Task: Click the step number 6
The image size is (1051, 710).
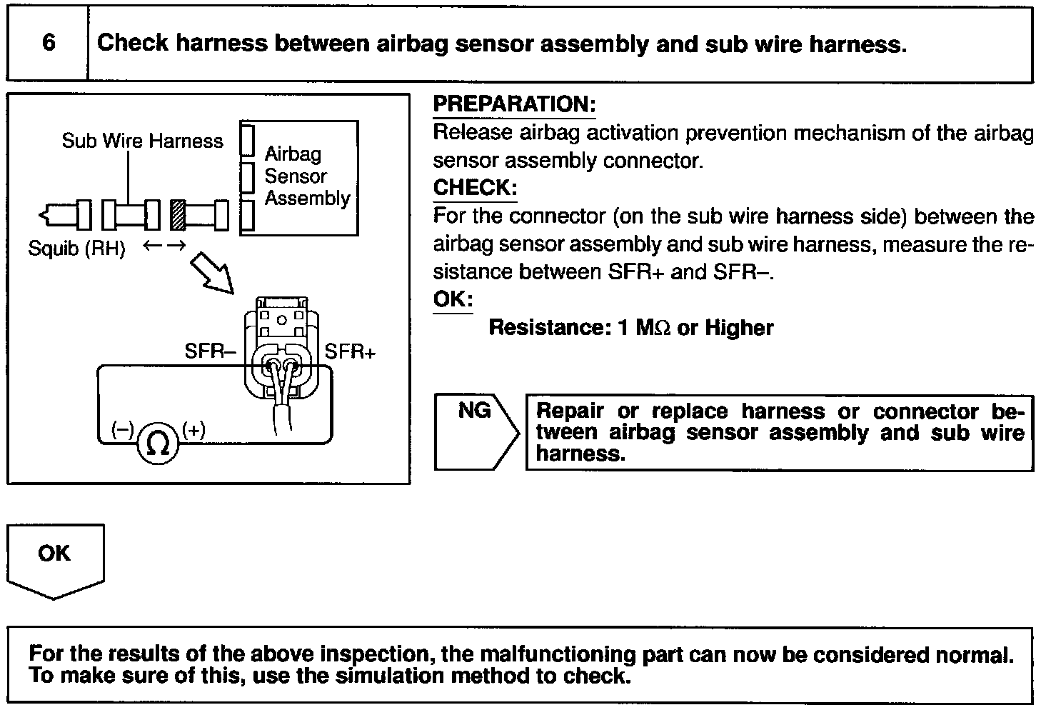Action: coord(49,43)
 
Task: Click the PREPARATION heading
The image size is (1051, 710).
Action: coord(514,104)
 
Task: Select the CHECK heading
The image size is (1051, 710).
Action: coord(475,188)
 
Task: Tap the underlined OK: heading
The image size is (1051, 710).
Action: coord(453,299)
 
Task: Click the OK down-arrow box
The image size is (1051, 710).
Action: coord(55,559)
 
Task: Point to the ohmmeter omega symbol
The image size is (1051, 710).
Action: coord(158,444)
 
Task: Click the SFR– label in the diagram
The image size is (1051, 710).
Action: coord(211,351)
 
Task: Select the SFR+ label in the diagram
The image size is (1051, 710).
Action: coord(350,351)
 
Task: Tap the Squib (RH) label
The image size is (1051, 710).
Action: coord(76,249)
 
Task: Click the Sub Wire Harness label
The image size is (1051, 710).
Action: coord(142,141)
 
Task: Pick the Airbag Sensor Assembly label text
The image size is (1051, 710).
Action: coord(307,176)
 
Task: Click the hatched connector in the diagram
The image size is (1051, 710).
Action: coord(178,214)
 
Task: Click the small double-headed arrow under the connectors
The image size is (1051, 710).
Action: coord(164,246)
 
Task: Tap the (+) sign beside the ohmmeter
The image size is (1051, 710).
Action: coord(194,429)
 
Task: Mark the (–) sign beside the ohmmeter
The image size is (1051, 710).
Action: coord(122,429)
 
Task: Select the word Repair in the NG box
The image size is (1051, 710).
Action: coord(569,411)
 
